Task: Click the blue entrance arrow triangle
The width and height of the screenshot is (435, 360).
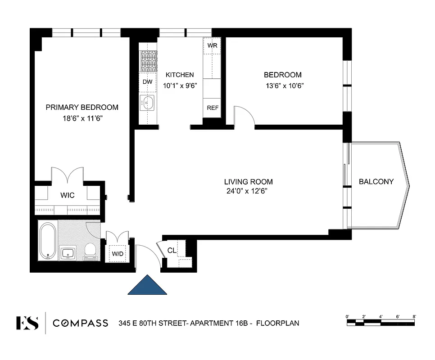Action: coord(147,286)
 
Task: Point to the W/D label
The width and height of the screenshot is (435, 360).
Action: coord(118,254)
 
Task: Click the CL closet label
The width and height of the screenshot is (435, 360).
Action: coord(172,250)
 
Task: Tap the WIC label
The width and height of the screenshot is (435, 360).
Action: coord(68,195)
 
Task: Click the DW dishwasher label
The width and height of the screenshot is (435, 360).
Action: coord(147,82)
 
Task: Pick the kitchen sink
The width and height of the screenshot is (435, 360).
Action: coord(147,103)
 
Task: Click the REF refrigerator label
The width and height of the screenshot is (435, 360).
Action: coord(213,108)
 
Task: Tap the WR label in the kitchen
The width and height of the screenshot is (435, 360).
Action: coord(212,46)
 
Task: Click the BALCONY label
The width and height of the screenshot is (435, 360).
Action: coord(376,182)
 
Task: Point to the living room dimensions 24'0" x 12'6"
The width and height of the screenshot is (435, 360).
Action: coord(249,191)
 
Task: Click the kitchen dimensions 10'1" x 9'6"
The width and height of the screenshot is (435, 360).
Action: coord(180,85)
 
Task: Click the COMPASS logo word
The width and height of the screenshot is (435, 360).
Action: coord(80,323)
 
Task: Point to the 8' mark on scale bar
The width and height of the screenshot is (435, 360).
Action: coord(414,317)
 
